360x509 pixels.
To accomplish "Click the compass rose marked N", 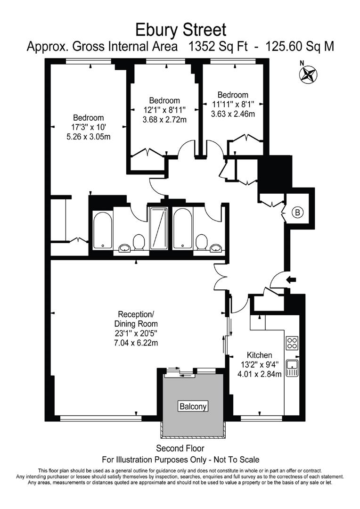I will [x=309, y=74].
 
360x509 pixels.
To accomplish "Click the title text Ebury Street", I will [x=181, y=30].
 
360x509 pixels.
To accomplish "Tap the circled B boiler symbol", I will [x=297, y=213].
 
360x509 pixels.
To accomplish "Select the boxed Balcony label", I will [x=193, y=406].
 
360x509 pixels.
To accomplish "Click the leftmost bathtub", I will [x=102, y=230].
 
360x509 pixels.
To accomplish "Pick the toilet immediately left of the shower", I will [x=139, y=243].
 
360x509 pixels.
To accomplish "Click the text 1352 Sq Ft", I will [x=221, y=46].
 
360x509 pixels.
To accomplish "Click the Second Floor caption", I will [x=180, y=448].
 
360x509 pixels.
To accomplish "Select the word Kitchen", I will [x=259, y=355].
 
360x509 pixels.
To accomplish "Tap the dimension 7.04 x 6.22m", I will [x=136, y=343].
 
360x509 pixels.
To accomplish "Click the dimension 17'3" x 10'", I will [x=88, y=127].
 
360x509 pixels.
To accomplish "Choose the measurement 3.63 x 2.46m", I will [x=233, y=114].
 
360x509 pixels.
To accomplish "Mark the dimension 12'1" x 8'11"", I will [x=164, y=110].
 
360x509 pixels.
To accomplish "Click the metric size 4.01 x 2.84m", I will [x=259, y=375].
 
